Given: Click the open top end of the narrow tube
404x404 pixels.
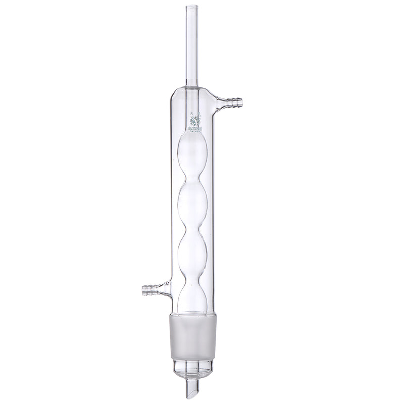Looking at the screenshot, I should tap(192, 7).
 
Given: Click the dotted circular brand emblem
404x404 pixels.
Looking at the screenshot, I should tap(194, 121).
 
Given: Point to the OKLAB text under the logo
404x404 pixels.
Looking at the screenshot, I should tap(194, 134).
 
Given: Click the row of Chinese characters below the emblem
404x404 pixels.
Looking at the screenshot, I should tap(194, 129).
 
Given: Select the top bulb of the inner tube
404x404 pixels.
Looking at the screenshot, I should tap(192, 157).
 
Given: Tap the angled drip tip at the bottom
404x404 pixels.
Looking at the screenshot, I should tap(192, 389).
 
